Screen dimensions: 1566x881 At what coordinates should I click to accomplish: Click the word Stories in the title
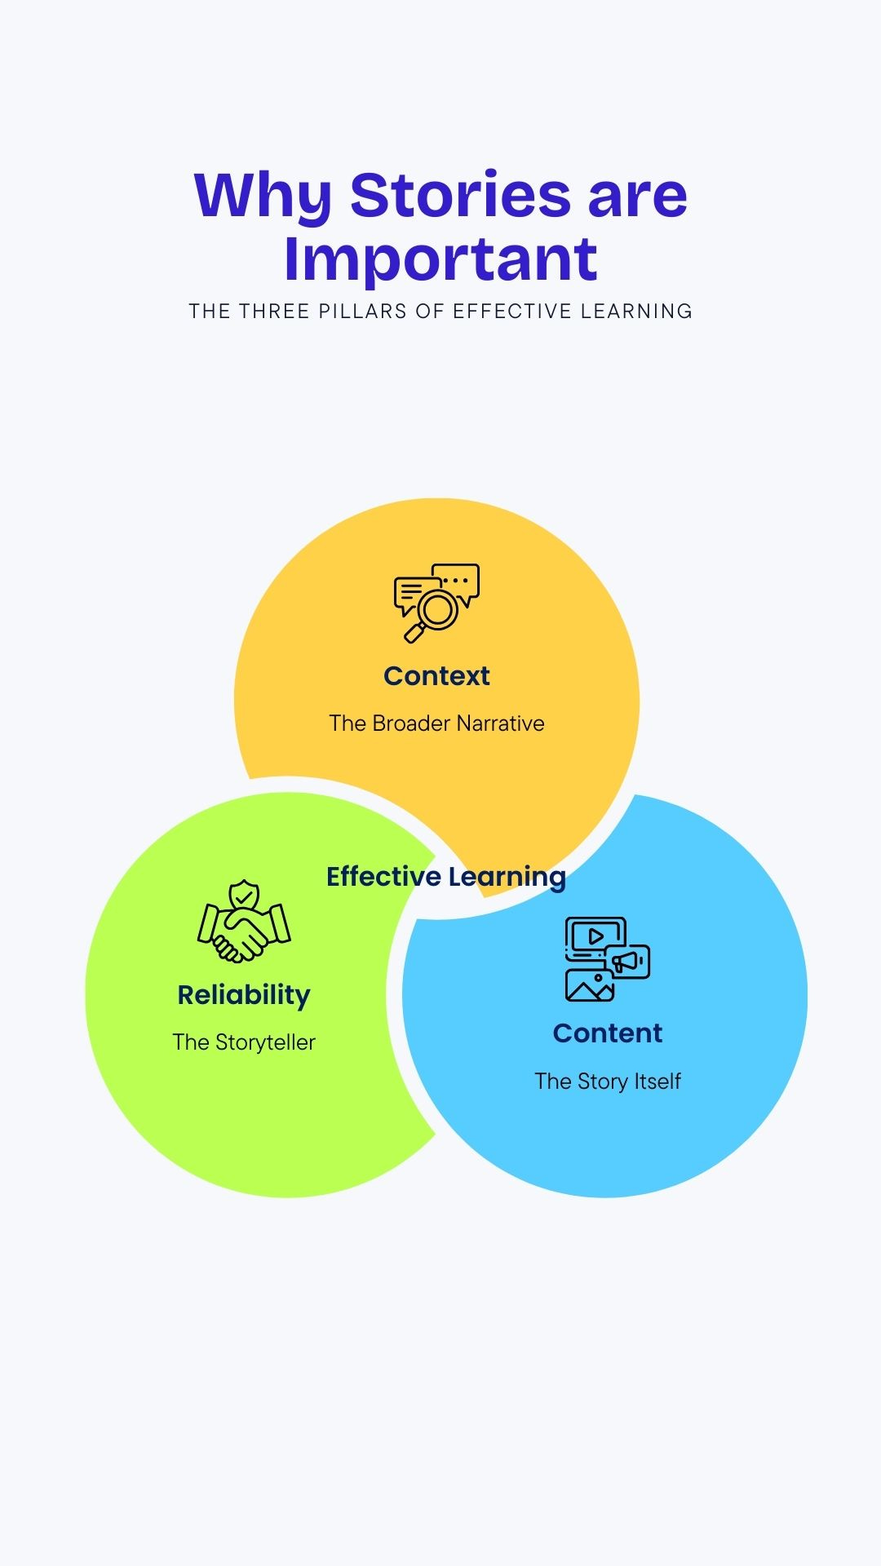(461, 196)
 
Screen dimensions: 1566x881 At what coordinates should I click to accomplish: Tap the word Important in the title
(440, 259)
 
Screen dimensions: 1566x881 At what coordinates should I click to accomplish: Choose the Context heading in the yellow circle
(436, 676)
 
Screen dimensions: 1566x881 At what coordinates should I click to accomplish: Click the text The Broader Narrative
(436, 723)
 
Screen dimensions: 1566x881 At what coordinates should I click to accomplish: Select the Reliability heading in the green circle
(244, 995)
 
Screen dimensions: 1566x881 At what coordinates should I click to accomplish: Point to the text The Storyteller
(244, 1042)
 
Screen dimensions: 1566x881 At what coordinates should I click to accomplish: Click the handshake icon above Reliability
(244, 930)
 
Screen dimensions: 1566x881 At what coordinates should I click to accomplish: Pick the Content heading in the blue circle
(608, 1033)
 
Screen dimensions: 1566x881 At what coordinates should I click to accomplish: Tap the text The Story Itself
(608, 1082)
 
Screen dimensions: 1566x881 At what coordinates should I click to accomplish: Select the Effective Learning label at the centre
(445, 877)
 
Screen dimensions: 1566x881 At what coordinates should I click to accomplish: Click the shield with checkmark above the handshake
(243, 896)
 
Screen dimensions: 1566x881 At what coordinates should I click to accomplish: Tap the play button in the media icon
(596, 936)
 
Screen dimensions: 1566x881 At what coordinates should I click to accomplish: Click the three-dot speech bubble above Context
(457, 581)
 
